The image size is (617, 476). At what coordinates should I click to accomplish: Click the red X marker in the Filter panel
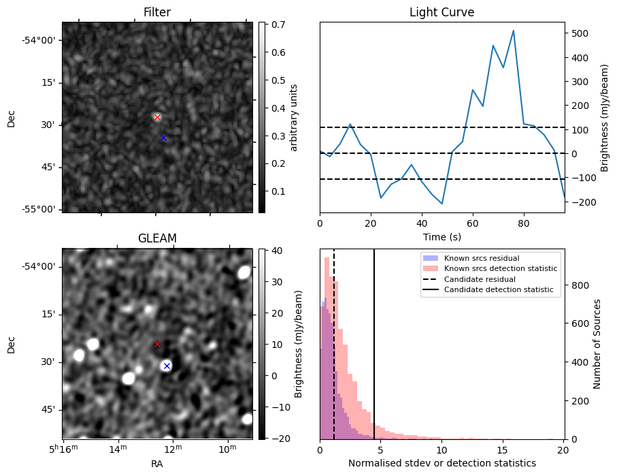click(157, 117)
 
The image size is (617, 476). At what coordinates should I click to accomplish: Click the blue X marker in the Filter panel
click(164, 138)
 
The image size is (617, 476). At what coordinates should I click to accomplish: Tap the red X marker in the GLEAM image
click(157, 345)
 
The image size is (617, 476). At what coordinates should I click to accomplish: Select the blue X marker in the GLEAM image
click(167, 366)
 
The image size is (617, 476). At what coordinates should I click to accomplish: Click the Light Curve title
click(442, 12)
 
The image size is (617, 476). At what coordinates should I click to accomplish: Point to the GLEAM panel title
click(157, 238)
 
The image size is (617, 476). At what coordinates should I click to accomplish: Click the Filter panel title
click(157, 12)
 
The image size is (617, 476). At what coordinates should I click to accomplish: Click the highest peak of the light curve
click(514, 31)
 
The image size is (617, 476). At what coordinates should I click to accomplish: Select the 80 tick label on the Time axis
click(524, 223)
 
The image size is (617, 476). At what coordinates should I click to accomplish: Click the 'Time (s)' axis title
click(442, 237)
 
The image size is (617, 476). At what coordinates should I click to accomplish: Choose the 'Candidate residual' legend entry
click(480, 279)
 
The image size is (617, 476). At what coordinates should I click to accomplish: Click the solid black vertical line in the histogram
click(374, 344)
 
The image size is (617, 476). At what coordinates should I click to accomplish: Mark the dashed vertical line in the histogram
click(334, 344)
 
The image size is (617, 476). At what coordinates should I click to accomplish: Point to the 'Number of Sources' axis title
click(597, 344)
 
